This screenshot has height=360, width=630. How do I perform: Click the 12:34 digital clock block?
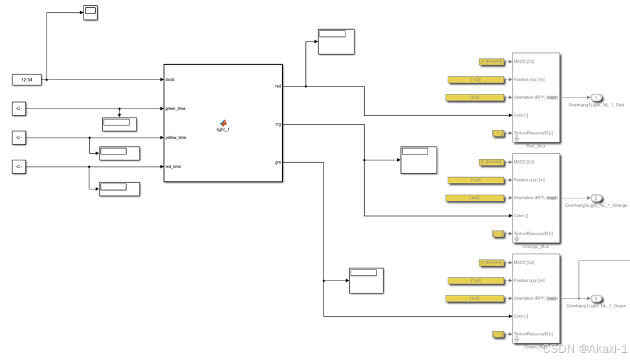pyautogui.click(x=27, y=79)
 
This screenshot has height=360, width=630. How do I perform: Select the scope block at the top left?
pyautogui.click(x=91, y=12)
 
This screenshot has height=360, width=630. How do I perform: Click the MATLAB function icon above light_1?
pyautogui.click(x=223, y=123)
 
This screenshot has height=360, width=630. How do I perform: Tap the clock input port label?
pyautogui.click(x=170, y=79)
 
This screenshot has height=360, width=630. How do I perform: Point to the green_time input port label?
pyautogui.click(x=175, y=109)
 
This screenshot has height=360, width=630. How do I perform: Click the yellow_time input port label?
pyautogui.click(x=176, y=138)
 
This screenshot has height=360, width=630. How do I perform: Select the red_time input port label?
pyautogui.click(x=173, y=167)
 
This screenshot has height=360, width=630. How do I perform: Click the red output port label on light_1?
pyautogui.click(x=277, y=86)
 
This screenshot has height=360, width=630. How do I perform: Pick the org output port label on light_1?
pyautogui.click(x=277, y=124)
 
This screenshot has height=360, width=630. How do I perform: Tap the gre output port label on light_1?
pyautogui.click(x=277, y=162)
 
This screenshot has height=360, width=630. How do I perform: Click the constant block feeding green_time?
pyautogui.click(x=19, y=109)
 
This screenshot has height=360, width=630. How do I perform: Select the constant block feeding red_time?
pyautogui.click(x=19, y=167)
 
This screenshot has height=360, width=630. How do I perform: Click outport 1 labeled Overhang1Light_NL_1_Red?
pyautogui.click(x=596, y=98)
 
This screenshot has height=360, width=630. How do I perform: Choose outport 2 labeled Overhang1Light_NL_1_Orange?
pyautogui.click(x=596, y=198)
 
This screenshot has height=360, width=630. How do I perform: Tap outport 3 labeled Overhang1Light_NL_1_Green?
pyautogui.click(x=596, y=299)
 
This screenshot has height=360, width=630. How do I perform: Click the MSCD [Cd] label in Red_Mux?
pyautogui.click(x=524, y=62)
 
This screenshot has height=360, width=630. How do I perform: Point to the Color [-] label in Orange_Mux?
pyautogui.click(x=521, y=216)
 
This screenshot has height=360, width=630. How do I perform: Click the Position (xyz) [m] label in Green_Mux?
pyautogui.click(x=529, y=281)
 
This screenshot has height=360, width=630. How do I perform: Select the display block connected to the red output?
pyautogui.click(x=336, y=42)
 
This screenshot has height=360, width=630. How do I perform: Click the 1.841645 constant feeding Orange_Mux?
pyautogui.click(x=492, y=162)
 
